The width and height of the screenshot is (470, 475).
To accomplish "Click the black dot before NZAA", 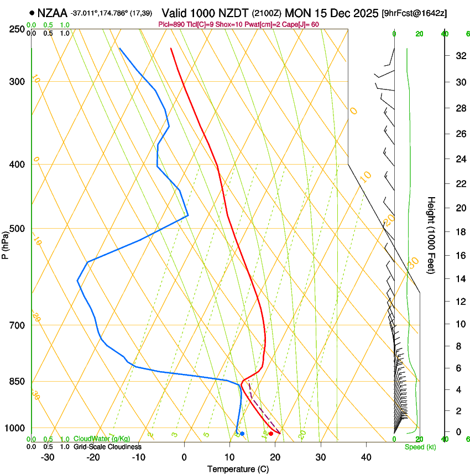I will tap(32, 13).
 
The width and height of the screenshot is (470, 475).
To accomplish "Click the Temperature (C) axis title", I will tap(238, 469).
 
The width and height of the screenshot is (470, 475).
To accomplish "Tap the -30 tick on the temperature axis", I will tap(48, 457).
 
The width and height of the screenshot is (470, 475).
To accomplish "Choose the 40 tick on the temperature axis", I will tap(366, 457).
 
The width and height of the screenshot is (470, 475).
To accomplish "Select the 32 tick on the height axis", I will tap(459, 56).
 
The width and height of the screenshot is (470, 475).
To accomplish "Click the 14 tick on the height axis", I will tap(459, 279).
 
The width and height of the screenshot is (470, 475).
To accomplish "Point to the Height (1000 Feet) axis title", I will tap(431, 235).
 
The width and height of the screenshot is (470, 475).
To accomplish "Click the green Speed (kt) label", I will tap(420, 447).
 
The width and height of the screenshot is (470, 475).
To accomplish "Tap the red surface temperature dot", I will tap(271, 434).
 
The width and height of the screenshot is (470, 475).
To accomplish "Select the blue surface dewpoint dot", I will tap(242, 434).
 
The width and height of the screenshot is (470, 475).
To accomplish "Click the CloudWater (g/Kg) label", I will tap(98, 439).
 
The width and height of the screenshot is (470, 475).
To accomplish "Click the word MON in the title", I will tap(297, 13).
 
